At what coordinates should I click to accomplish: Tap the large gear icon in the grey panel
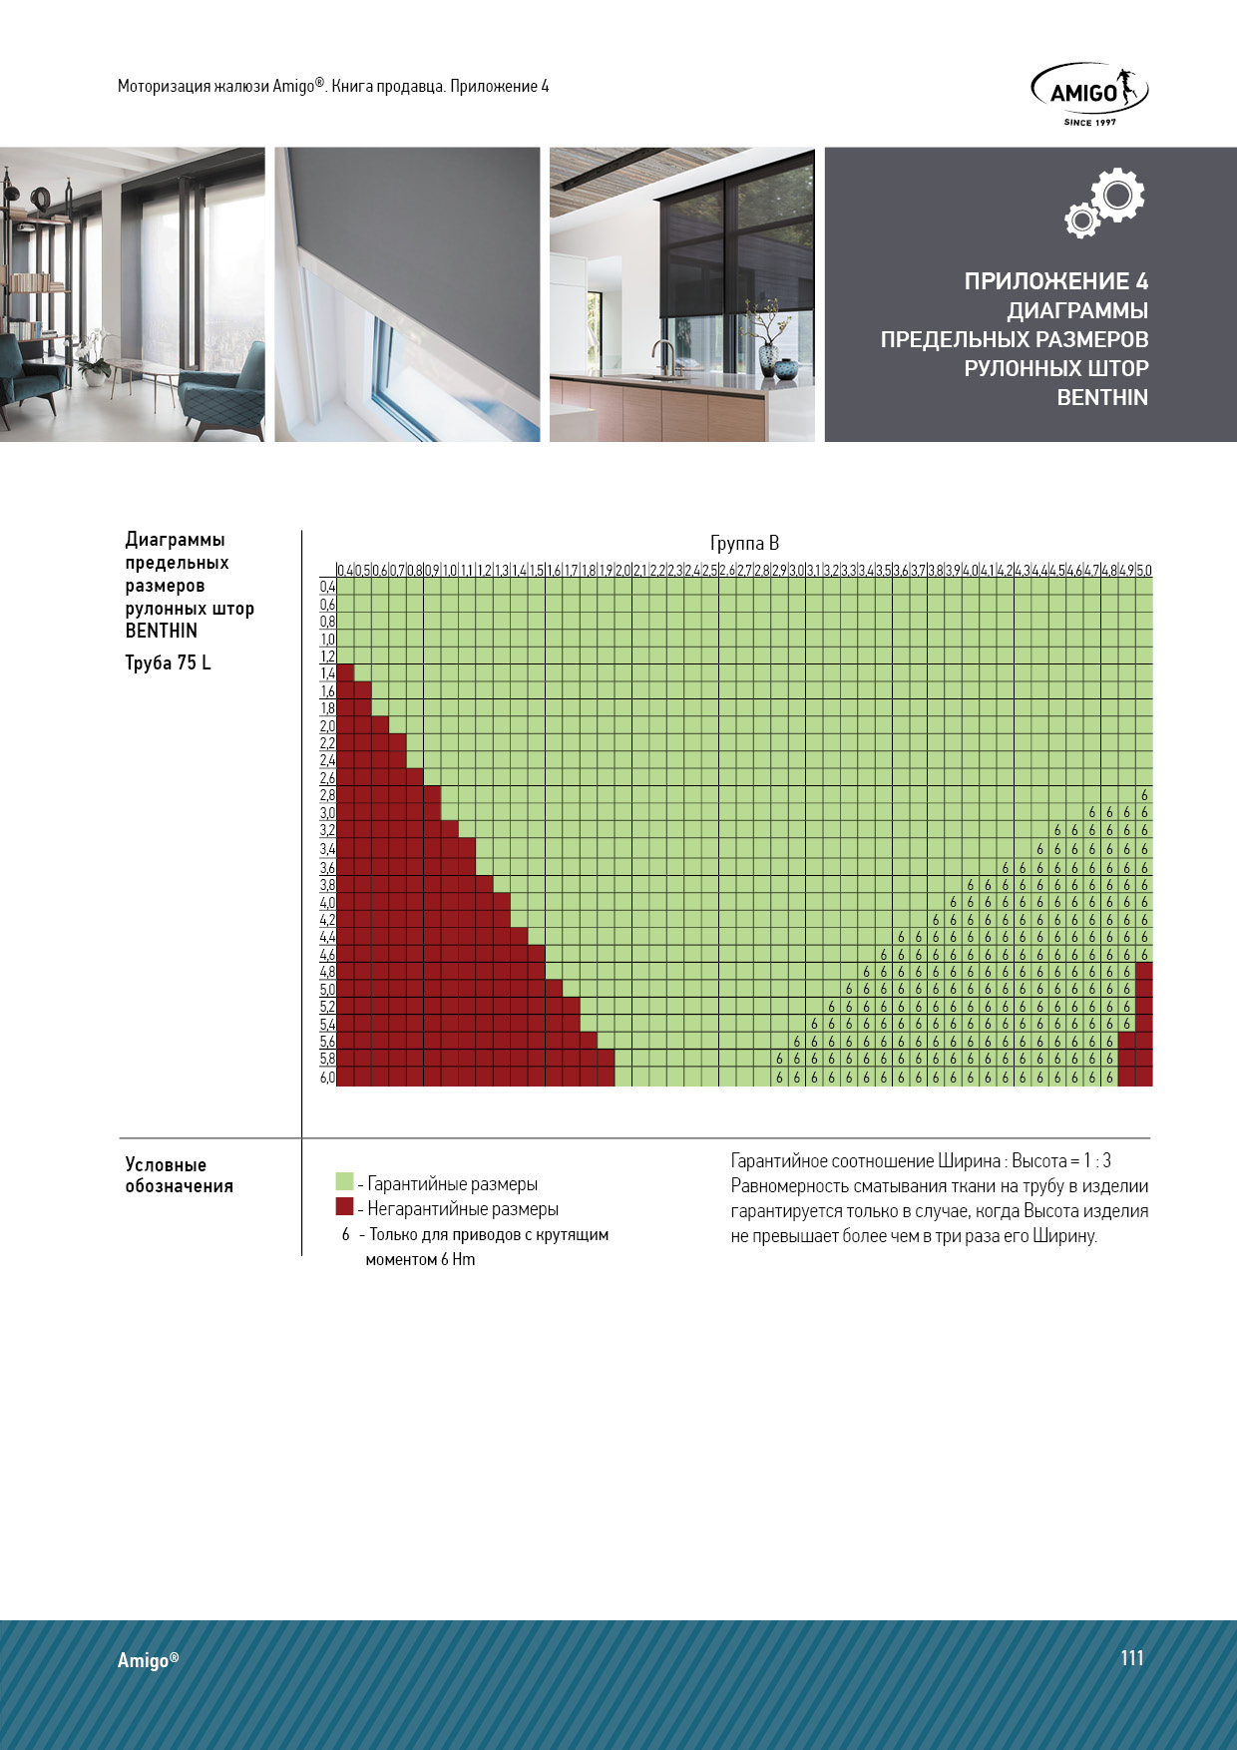coord(1117,196)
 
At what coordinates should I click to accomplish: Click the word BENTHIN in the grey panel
coord(1102,397)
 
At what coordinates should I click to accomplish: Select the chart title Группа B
coord(744,543)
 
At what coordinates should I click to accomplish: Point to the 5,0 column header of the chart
coord(1144,571)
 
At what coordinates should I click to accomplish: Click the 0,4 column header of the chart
coord(345,571)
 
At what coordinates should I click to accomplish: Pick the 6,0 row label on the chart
coord(327,1078)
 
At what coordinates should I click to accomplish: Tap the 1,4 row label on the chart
coord(327,673)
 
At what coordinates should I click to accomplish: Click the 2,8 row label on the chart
coord(327,795)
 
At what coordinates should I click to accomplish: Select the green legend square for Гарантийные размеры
coord(345,1182)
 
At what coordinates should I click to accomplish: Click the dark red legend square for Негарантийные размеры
coord(345,1207)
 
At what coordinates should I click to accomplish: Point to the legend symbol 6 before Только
coord(345,1235)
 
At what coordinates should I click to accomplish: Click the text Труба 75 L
coord(168,663)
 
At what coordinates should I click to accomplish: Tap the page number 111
coord(1131,1657)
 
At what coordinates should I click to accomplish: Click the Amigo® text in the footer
coord(148,1660)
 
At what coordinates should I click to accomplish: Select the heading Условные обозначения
coord(179,1175)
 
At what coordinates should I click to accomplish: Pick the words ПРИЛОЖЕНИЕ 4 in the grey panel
coord(1055,281)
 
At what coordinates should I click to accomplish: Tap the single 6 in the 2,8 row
coord(1144,795)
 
